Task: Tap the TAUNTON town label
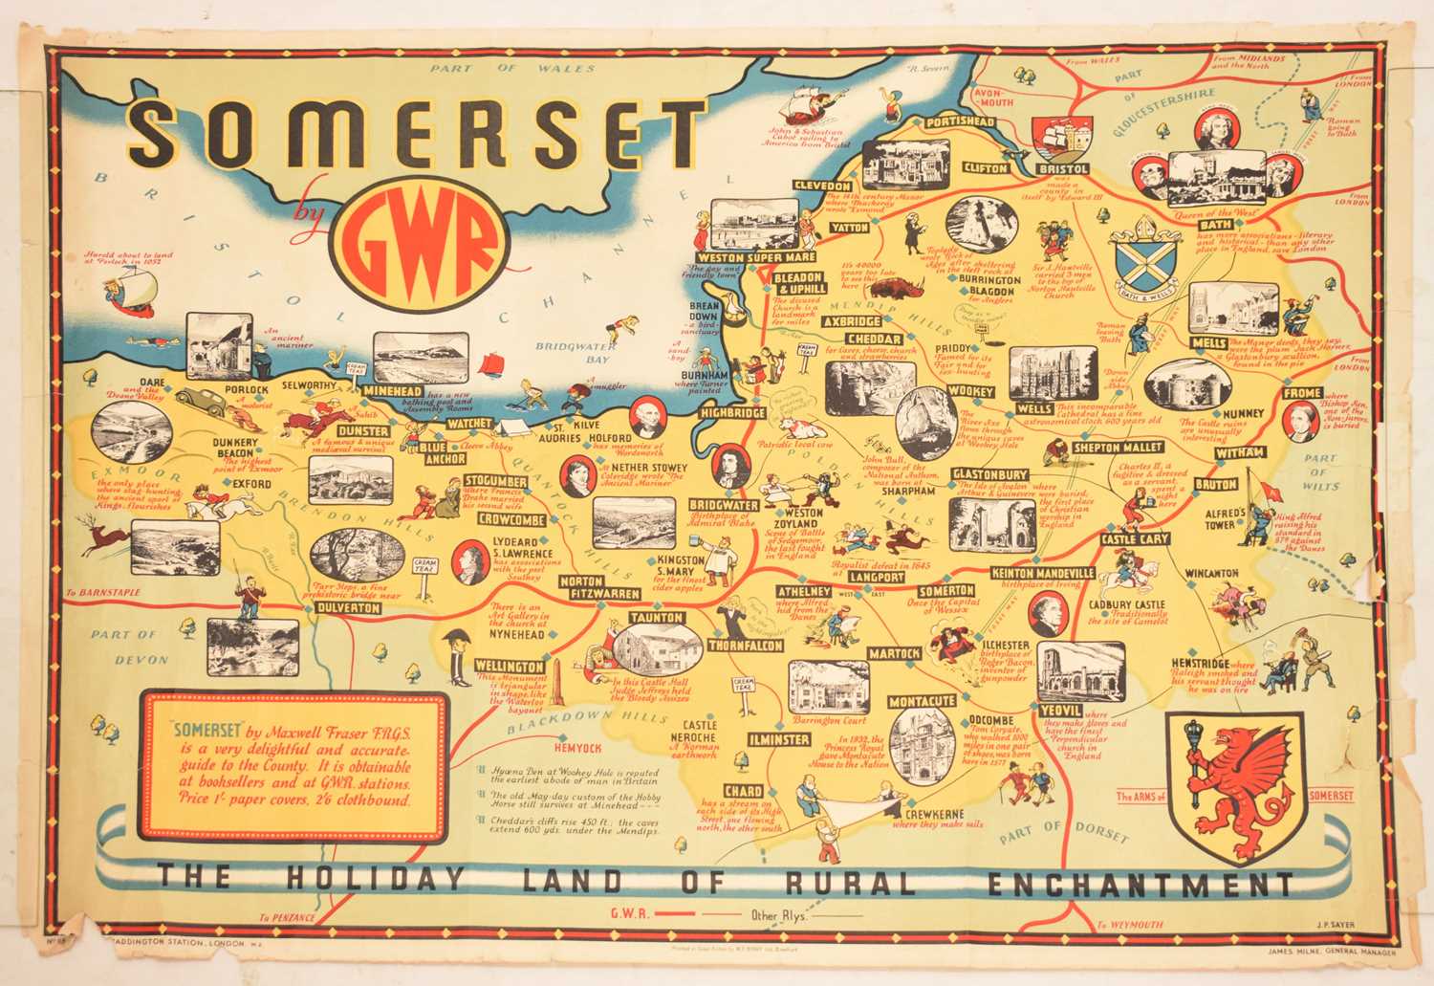point(655,619)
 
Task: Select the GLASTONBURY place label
point(990,474)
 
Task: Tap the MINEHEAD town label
point(389,391)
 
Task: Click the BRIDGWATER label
point(724,504)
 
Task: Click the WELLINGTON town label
point(510,666)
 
